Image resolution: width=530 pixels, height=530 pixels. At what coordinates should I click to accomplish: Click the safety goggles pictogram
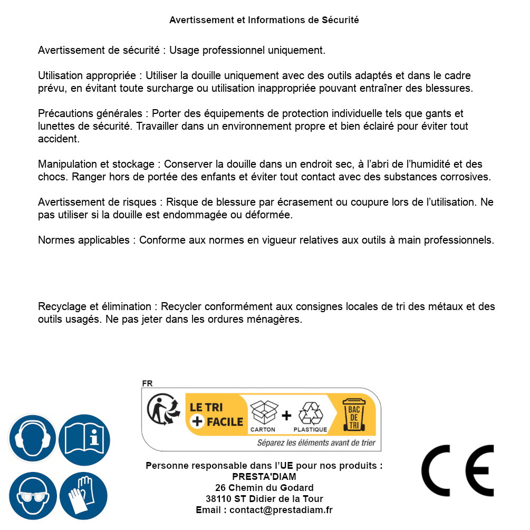point(32,496)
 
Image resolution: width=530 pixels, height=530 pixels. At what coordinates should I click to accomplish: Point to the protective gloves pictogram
point(84,496)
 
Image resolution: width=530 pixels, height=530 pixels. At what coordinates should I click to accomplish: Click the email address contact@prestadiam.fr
point(281,510)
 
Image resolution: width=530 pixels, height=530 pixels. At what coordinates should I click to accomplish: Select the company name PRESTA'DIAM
point(264,477)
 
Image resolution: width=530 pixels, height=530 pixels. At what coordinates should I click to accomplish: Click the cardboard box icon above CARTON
point(263,412)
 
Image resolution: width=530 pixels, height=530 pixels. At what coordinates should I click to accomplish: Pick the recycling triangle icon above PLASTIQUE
point(310,413)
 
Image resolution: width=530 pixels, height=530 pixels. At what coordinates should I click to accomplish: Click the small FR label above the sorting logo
point(147,383)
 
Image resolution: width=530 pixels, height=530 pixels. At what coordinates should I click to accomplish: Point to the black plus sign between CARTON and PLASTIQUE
point(286,416)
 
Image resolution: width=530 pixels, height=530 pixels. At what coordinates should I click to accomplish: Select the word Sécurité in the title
point(340,20)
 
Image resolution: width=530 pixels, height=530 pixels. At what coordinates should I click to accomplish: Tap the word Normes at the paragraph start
point(56,240)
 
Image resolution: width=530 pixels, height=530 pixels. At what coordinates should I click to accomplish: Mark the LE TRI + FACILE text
point(216,415)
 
